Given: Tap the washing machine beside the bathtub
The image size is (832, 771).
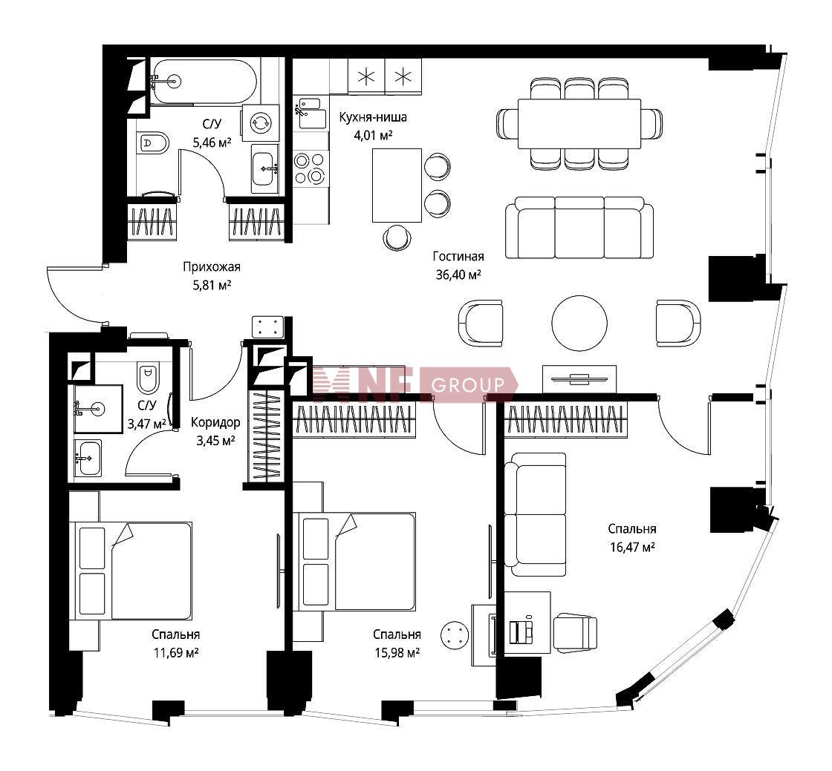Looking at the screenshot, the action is pos(261,122).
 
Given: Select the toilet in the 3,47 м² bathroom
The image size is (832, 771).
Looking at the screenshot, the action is pos(149,377).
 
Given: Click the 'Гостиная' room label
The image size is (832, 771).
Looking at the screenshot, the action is pos(458,257).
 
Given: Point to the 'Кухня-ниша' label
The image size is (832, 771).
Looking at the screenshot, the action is pos(373,117).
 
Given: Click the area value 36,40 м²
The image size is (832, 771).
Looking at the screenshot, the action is pos(458,275).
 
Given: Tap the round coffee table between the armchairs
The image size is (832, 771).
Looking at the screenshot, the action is pos(579,324).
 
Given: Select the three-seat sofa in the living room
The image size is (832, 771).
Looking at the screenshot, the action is pos(579,228).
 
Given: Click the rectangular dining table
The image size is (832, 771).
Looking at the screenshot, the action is pos(579,124).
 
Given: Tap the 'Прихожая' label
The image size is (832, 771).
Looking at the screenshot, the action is pos(212,267).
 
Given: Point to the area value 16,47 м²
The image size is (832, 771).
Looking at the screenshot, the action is pos(632,547).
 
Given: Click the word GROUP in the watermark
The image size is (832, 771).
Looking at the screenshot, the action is pos(468,384).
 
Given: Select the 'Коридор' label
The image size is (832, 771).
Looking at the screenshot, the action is pos(215,422).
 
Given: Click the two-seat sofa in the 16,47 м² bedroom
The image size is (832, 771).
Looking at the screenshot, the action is pos(535,514).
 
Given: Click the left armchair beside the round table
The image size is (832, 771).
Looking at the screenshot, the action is pos(480,324).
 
